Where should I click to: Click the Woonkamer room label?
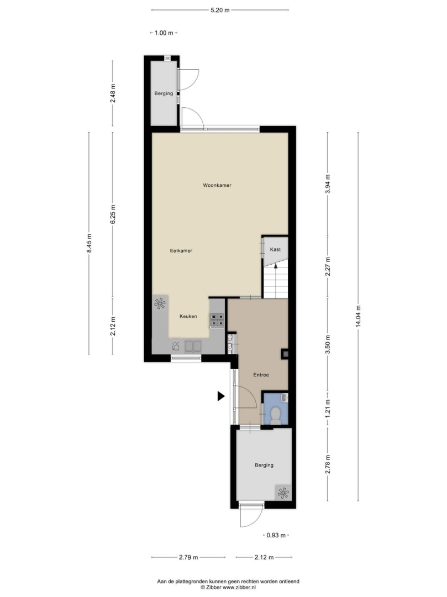217,185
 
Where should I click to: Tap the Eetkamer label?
181,251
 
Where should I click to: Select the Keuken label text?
188,316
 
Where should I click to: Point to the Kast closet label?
275,249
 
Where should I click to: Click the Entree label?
261,375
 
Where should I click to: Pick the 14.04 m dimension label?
358,316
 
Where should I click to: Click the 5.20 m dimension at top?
220,11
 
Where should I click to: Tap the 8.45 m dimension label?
89,243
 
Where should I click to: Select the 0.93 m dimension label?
276,535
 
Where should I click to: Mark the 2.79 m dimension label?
188,557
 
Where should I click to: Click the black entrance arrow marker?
221,396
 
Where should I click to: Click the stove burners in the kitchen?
217,320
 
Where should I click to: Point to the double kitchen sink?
193,346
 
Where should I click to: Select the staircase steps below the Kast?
275,282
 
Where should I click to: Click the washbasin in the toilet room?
285,398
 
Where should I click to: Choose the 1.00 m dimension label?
164,33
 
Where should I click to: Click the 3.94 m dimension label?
328,184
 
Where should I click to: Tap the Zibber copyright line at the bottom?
228,588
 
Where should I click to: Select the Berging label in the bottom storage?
264,465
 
